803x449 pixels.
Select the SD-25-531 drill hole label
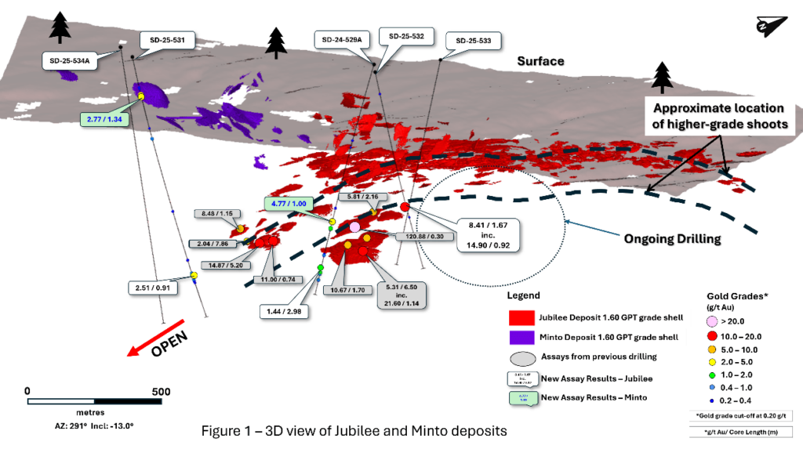[x=166, y=42]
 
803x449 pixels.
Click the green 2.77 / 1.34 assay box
[x=102, y=118]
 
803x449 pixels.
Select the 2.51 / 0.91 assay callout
[x=153, y=288]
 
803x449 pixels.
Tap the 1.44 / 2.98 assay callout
[x=283, y=311]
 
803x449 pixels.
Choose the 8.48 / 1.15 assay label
[x=217, y=213]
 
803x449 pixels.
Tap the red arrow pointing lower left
[x=156, y=338]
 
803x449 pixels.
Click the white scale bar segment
[x=61, y=401]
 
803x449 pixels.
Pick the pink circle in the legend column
[x=711, y=320]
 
